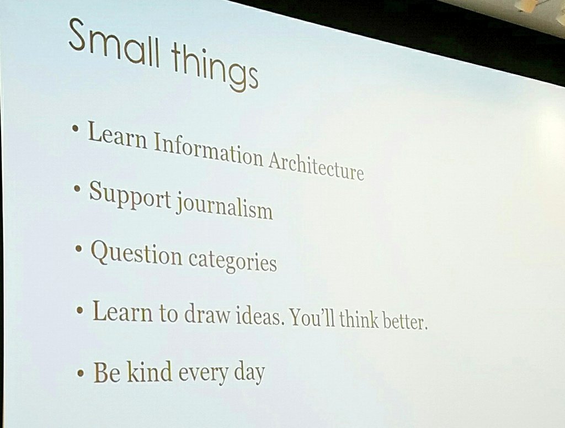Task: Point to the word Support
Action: pos(130,196)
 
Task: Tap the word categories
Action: pos(232,260)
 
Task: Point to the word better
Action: pos(405,321)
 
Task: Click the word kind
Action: pos(144,371)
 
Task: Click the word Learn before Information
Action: pos(118,136)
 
